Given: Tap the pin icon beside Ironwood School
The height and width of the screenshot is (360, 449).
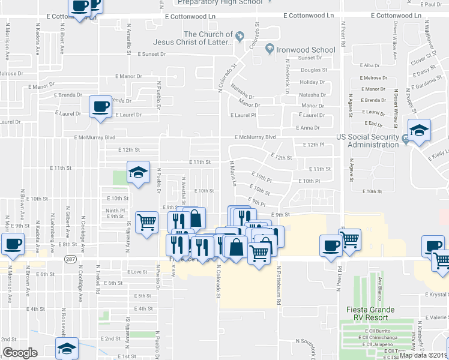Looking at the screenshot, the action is [x=270, y=49].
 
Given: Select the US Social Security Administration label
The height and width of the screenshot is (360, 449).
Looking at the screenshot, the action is [x=368, y=140].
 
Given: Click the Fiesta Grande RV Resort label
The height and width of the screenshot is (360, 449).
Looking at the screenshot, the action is [x=370, y=313].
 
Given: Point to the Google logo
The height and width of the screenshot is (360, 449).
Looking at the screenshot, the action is [x=20, y=352].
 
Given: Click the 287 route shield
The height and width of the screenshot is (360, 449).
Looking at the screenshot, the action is [x=70, y=259].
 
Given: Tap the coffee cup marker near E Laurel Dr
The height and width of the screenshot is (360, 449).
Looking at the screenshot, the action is [x=100, y=107].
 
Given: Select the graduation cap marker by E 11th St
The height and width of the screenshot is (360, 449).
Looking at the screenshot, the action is [x=138, y=173].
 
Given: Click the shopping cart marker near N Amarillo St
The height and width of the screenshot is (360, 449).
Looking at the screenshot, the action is [x=146, y=223].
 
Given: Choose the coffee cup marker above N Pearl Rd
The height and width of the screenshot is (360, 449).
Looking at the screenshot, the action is [x=331, y=245].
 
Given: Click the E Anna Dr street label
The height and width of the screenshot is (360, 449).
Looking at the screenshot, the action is [x=308, y=128].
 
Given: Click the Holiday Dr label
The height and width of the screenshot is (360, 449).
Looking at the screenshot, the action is [x=312, y=82].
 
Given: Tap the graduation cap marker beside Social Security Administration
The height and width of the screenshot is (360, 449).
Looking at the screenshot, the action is [x=419, y=130].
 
